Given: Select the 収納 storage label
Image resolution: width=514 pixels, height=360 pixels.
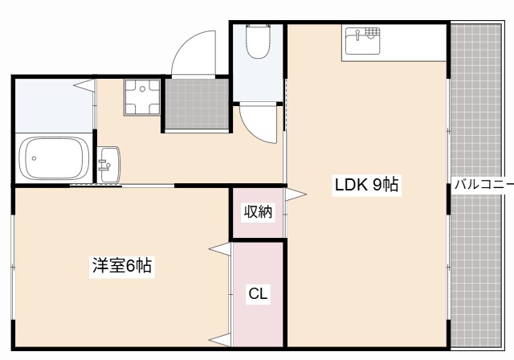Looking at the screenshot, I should point(258,212).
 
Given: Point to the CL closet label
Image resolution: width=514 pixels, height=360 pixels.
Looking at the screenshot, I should point(258,294).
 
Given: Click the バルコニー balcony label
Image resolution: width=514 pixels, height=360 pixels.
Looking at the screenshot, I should point(483,185).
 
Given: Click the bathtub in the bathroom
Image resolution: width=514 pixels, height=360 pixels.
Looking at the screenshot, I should point(54,158).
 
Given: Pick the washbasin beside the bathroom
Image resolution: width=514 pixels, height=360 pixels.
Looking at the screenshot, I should point(108,164).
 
